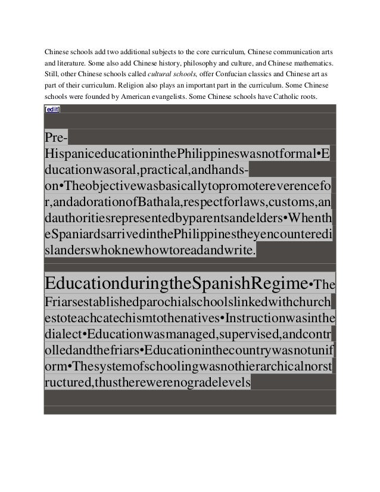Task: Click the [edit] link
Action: [52, 110]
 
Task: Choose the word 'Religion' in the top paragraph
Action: [134, 86]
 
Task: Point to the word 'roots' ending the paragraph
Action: [309, 97]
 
